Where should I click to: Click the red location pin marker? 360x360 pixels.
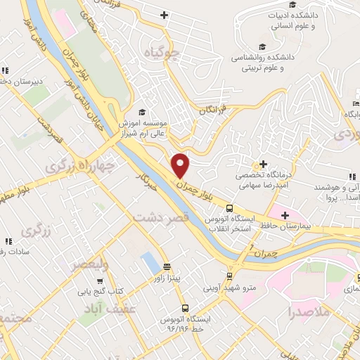click(181, 165)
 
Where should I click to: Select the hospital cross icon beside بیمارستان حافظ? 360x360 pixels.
click(285, 214)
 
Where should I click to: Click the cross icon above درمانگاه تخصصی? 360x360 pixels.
click(264, 164)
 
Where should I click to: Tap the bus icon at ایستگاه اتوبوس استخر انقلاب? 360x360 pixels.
click(229, 208)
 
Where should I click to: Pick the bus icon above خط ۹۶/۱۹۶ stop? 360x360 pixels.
click(184, 308)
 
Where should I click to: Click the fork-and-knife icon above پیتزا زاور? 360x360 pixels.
click(167, 267)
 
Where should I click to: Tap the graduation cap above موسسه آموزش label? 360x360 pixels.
click(142, 111)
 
